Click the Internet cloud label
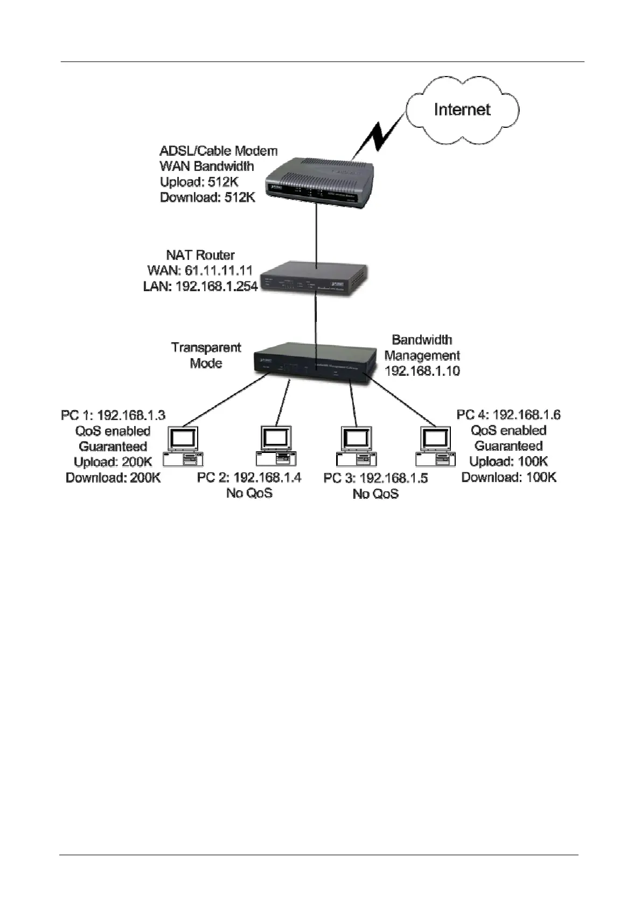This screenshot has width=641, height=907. [462, 109]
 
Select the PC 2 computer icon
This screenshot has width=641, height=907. [276, 445]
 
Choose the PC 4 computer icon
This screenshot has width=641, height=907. [435, 445]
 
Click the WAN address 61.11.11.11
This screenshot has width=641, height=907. [200, 270]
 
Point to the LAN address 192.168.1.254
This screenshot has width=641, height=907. [200, 286]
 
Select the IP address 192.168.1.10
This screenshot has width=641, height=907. [422, 371]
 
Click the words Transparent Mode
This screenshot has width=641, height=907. [206, 355]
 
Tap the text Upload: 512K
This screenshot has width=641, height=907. [199, 182]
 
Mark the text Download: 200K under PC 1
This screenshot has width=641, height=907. [113, 478]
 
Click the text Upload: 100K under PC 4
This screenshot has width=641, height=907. [508, 462]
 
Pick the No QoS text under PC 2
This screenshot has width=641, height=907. [249, 493]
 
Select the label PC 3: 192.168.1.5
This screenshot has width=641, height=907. [375, 478]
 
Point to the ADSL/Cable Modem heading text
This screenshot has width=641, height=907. [219, 150]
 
